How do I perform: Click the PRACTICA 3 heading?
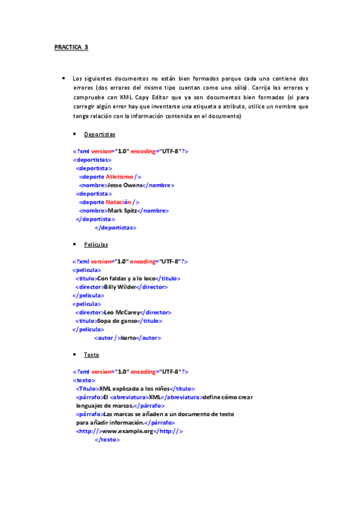coord(71,47)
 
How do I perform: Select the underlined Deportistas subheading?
coord(99,134)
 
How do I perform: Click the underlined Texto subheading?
coord(91,355)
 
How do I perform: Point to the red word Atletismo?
coord(120,177)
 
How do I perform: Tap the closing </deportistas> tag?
coord(115,228)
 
